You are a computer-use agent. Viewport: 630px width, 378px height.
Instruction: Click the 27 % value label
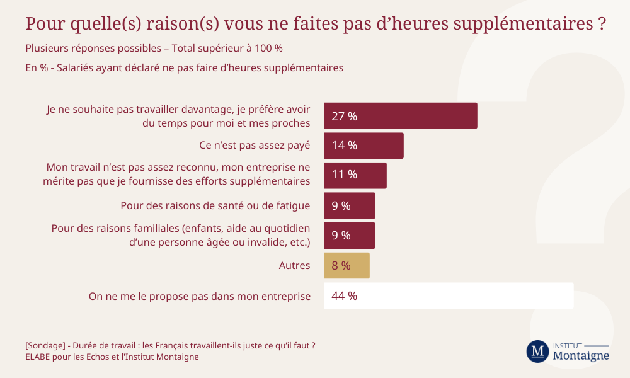(344, 116)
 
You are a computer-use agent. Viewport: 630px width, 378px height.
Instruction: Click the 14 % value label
(344, 146)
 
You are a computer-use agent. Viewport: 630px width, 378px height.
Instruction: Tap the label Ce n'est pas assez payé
(255, 146)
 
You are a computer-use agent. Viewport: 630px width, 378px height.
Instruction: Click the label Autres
(294, 266)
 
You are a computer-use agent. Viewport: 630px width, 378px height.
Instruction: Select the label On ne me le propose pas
(200, 296)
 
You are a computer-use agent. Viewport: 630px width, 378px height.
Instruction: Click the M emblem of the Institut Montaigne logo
(537, 352)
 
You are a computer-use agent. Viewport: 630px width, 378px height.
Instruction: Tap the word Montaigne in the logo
(580, 356)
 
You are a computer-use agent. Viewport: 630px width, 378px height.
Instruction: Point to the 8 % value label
(341, 266)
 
